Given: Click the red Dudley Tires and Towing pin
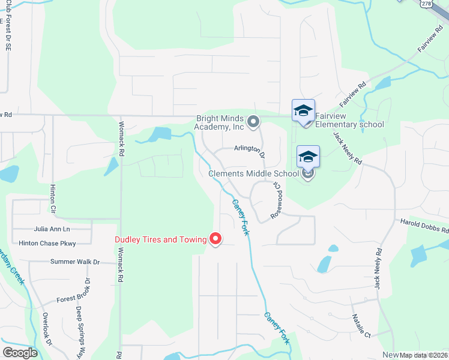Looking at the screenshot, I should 215,239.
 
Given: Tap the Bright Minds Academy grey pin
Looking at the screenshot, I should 254,122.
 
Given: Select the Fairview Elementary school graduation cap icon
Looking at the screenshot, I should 303,110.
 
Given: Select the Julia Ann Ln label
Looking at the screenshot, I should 52,229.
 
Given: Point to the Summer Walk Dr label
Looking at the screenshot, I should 75,262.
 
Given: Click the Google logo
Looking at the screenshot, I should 20,353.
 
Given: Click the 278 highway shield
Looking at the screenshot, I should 426,4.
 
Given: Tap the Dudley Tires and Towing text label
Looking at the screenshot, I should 161,239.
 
